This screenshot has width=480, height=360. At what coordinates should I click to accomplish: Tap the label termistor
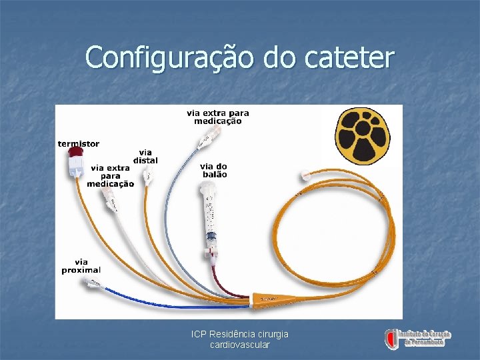[79, 143]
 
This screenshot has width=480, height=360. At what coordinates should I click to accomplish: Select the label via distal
[145, 157]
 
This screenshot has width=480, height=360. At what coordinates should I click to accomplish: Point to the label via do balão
[213, 170]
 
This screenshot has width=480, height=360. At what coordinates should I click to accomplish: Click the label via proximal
[81, 266]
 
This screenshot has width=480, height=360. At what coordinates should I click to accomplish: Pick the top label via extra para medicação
[217, 117]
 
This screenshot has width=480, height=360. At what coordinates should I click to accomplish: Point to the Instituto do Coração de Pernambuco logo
[418, 338]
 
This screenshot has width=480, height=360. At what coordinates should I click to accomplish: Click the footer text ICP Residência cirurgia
[239, 334]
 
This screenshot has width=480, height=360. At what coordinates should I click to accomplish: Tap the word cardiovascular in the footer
[239, 345]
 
